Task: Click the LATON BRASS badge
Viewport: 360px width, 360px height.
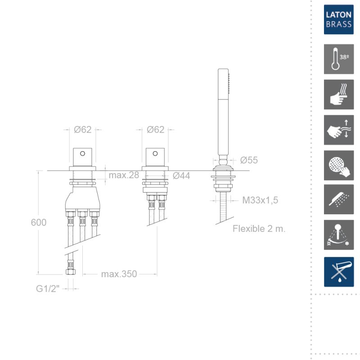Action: (x=339, y=19)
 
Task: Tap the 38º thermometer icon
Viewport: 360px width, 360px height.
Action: (x=339, y=59)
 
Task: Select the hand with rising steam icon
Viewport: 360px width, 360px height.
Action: (x=339, y=94)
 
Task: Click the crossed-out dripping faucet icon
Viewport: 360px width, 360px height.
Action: (x=339, y=272)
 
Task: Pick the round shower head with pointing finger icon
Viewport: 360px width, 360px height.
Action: (x=339, y=166)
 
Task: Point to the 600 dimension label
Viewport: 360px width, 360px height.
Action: (x=39, y=222)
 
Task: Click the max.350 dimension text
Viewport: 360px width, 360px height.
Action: (x=119, y=274)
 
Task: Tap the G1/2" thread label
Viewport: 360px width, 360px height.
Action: (x=48, y=288)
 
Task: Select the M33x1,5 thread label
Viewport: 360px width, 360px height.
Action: (x=260, y=200)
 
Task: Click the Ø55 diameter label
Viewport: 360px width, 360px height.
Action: (x=249, y=160)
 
